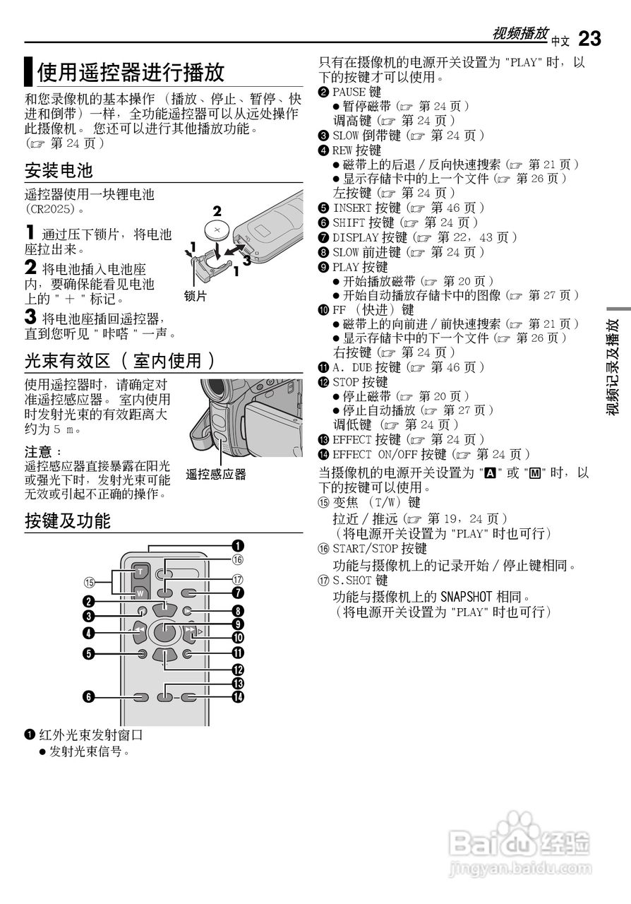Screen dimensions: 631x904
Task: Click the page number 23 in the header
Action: point(589,38)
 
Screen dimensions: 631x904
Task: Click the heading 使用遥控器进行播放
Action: point(131,72)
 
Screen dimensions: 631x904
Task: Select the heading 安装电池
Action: point(59,170)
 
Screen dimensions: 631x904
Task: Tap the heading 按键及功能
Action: point(68,521)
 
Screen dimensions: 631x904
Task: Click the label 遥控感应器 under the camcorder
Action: point(216,475)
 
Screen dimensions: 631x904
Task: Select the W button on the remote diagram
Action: point(140,593)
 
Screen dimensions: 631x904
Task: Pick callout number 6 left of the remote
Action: point(88,697)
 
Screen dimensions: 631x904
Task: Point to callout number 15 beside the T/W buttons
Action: point(89,582)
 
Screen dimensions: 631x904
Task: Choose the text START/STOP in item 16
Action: point(365,548)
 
